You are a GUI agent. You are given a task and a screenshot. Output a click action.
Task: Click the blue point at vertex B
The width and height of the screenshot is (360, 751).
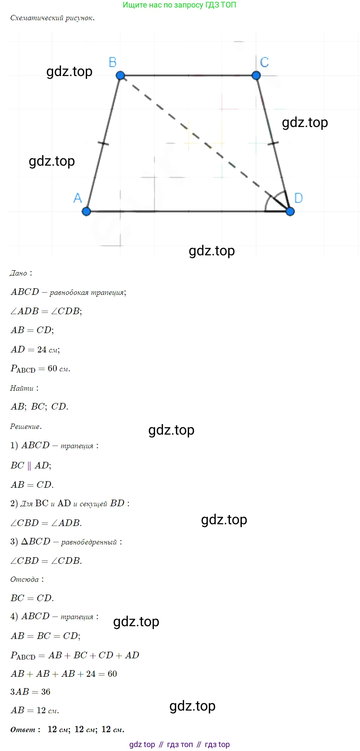(x=120, y=76)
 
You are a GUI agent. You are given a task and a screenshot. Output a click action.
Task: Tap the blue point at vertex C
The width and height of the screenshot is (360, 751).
(x=256, y=76)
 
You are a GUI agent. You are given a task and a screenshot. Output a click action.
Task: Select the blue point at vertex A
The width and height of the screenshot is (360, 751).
(x=86, y=211)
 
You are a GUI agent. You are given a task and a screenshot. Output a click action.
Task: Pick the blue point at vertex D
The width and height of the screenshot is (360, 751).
(x=290, y=211)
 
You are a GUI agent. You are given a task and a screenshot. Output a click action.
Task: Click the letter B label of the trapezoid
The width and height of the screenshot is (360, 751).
(x=113, y=62)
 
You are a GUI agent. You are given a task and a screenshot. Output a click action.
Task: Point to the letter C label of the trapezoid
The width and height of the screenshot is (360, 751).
(x=264, y=62)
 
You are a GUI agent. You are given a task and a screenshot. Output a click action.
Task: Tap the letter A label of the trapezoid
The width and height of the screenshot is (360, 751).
(x=77, y=198)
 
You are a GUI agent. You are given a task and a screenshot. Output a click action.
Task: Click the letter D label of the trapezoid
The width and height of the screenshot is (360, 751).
(x=298, y=198)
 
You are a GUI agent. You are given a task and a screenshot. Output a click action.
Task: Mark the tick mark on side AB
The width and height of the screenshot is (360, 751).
(x=103, y=144)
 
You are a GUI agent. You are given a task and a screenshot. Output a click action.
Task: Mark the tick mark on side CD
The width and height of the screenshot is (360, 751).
(x=273, y=144)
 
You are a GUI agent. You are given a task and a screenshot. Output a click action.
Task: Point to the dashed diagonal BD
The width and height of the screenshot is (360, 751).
(x=205, y=144)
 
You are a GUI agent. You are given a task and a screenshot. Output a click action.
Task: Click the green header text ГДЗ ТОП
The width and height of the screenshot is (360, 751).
(x=220, y=5)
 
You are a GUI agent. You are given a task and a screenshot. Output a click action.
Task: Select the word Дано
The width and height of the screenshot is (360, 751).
(x=18, y=273)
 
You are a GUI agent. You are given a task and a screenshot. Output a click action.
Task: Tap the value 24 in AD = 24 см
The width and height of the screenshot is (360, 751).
(x=42, y=350)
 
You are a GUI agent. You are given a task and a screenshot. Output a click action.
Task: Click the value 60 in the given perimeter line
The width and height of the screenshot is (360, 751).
(x=52, y=368)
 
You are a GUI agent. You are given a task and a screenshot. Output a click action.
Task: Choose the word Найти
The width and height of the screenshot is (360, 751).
(x=22, y=388)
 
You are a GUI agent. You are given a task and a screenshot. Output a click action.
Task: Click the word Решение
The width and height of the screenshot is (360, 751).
(x=26, y=426)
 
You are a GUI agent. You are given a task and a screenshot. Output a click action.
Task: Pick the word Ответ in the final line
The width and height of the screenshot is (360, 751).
(x=23, y=729)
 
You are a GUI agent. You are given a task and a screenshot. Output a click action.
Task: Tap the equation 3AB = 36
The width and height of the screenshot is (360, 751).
(x=30, y=692)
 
